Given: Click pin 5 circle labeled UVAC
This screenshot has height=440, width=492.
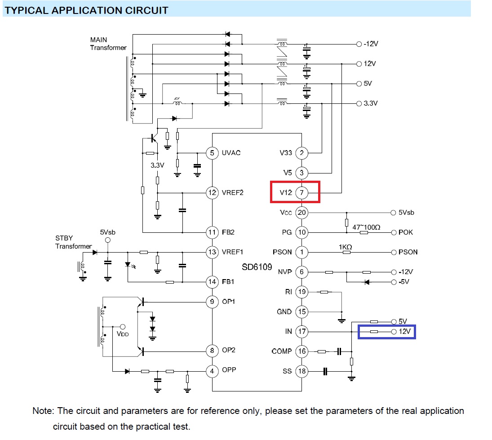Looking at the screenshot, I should click(212, 153).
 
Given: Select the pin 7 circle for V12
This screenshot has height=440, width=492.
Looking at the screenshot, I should click(301, 193).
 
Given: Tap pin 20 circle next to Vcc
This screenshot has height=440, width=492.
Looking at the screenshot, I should click(301, 213).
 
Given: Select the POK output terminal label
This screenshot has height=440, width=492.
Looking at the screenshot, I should click(405, 232).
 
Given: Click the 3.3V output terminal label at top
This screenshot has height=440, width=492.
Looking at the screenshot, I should click(371, 103).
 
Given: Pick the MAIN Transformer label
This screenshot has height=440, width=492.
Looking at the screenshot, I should click(108, 44).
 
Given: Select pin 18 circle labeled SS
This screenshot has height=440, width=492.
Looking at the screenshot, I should click(301, 371).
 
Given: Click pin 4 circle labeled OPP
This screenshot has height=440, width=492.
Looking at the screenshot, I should click(212, 371).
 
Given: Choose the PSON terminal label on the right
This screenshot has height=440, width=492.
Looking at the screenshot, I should click(408, 252).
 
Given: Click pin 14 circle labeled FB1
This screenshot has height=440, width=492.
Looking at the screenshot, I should click(212, 282).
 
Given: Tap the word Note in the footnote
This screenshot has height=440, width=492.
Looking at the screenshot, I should click(43, 411).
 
